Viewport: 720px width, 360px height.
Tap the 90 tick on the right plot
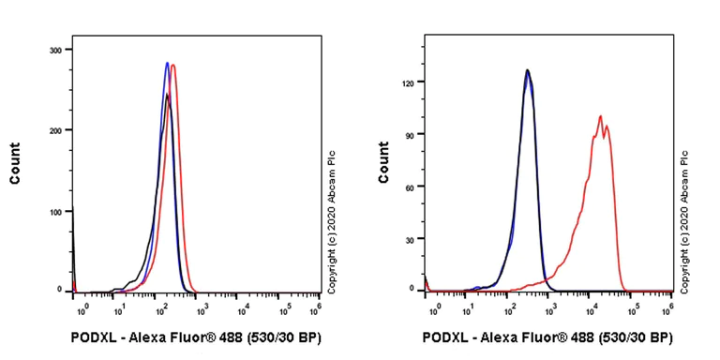tap(409, 134)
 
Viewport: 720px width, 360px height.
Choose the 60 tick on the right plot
tap(409, 187)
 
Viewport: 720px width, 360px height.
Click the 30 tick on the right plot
tap(409, 239)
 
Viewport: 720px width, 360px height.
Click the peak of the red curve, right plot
tap(600, 117)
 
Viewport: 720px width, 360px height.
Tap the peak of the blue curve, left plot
tap(167, 63)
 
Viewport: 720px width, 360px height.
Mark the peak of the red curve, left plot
tap(173, 65)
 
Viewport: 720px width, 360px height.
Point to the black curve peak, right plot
tap(528, 69)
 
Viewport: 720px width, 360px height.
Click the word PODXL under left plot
tap(92, 337)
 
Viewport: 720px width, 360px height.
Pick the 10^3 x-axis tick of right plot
tap(551, 307)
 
